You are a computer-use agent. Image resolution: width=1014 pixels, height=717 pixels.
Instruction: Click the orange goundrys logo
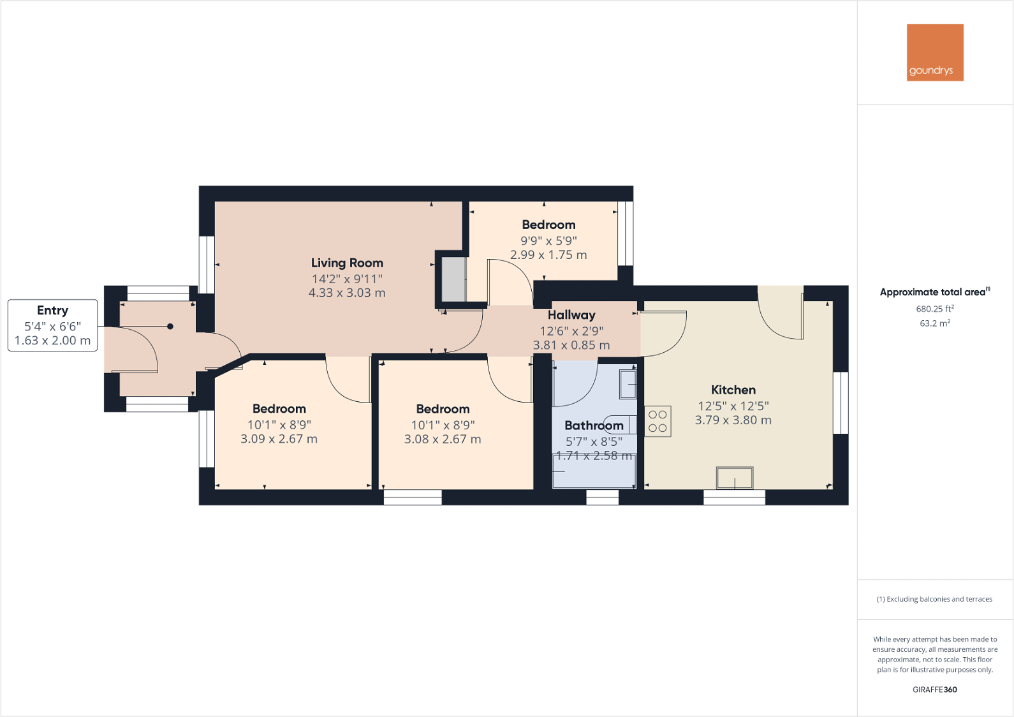click(x=935, y=52)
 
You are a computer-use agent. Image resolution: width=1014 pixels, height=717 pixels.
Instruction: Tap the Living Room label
click(x=347, y=263)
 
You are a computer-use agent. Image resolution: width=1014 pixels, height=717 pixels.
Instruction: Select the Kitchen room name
click(x=733, y=390)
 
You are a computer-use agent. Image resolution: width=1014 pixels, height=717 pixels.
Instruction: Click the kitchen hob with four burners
click(x=658, y=422)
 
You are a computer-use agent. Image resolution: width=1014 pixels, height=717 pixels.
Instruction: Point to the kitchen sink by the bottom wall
click(x=735, y=478)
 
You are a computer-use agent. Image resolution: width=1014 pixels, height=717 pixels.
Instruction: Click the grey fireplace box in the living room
click(x=453, y=279)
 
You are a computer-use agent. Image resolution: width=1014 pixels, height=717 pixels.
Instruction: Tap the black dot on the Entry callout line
click(x=170, y=327)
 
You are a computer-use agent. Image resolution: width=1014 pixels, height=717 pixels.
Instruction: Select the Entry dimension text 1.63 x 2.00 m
click(x=52, y=341)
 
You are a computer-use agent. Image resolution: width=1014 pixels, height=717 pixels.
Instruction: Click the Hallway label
click(x=571, y=315)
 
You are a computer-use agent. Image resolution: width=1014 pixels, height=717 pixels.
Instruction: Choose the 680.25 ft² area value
click(x=935, y=309)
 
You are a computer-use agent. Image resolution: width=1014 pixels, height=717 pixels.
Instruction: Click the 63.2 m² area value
click(x=935, y=323)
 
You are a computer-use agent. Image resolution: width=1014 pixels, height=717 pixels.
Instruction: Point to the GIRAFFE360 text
click(x=934, y=690)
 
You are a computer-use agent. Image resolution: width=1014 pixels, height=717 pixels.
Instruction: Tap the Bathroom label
click(x=594, y=425)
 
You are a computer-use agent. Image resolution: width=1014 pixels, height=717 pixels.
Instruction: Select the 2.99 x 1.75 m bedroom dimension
click(x=548, y=255)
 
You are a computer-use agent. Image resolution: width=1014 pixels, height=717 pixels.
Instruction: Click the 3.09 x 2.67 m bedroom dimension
click(x=279, y=439)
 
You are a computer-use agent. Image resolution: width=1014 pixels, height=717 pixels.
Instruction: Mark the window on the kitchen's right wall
click(x=841, y=403)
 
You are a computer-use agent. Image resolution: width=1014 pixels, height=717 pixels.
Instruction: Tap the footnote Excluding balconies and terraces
click(x=934, y=599)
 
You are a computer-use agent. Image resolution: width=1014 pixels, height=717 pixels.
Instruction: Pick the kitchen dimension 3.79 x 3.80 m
click(x=733, y=420)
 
